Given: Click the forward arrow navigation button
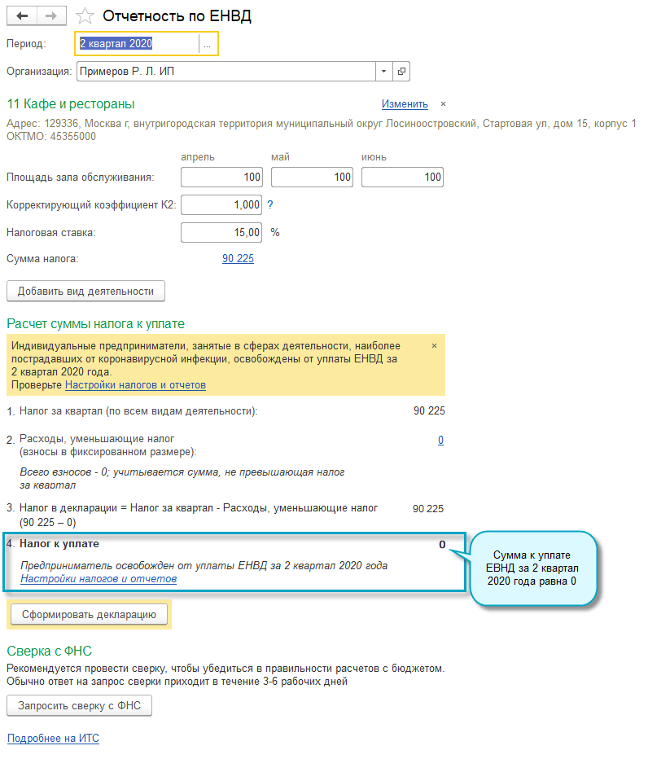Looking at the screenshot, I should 51,16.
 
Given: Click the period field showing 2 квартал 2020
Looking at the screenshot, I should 137,44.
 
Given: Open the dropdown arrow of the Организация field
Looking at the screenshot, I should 384,72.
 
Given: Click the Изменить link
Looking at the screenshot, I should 405,103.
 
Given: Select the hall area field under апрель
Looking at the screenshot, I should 222,177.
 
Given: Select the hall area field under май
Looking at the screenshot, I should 312,177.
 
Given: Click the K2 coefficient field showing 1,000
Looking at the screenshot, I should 222,204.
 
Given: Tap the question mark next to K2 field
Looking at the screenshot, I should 270,204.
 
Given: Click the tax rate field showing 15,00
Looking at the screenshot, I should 222,232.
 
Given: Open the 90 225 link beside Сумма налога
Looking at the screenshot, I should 238,259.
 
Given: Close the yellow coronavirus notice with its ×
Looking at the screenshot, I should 434,345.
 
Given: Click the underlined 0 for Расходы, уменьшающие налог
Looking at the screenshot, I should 440,440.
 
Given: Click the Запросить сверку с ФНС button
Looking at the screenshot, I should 79,706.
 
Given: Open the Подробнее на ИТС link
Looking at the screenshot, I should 53,739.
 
